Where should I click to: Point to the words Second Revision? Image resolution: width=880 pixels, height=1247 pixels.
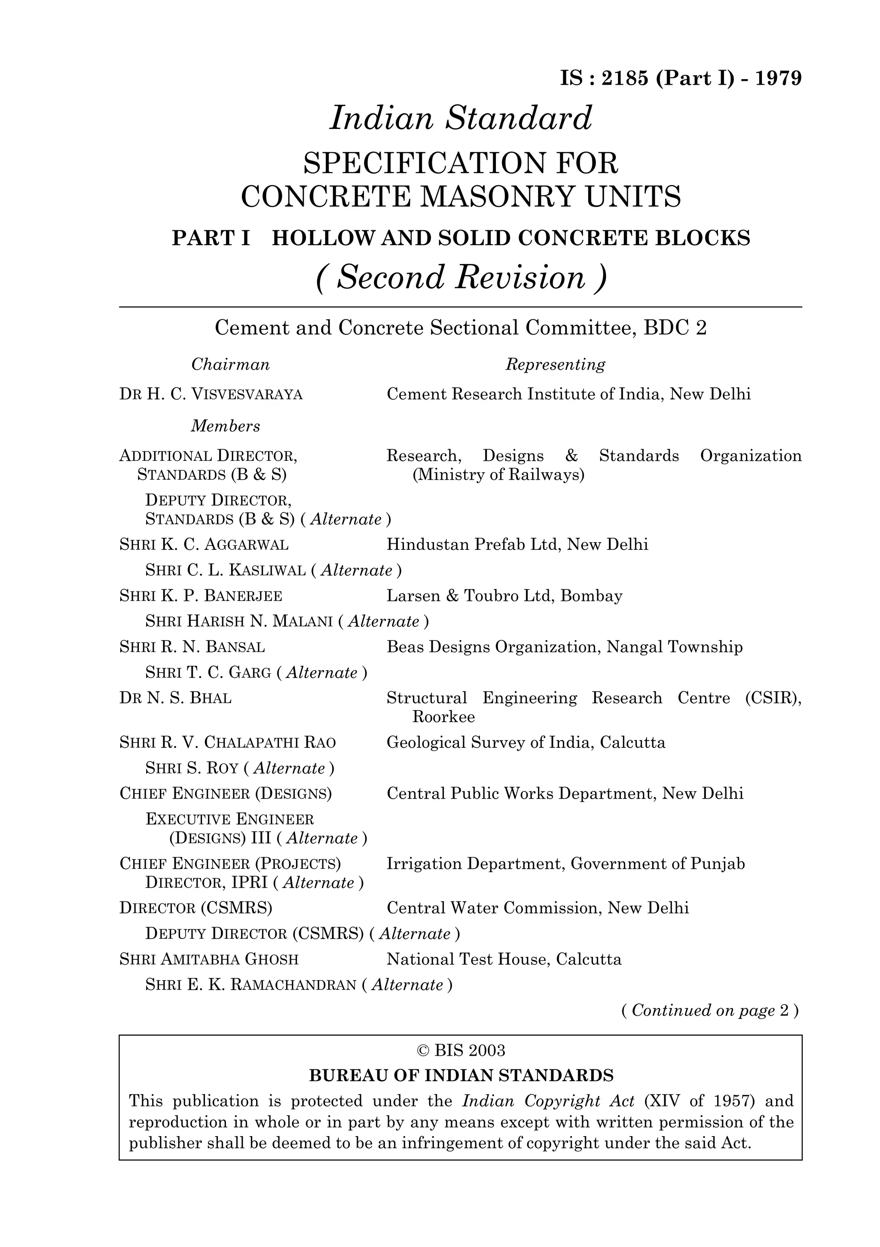click(461, 278)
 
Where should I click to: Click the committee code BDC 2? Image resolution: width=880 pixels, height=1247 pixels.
click(675, 328)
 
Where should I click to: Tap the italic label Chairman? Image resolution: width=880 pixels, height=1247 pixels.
click(230, 365)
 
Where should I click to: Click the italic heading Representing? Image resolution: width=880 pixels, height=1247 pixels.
click(555, 365)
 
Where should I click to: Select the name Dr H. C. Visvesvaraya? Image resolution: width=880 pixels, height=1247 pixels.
click(211, 394)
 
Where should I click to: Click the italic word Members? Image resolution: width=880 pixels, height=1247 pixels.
click(225, 426)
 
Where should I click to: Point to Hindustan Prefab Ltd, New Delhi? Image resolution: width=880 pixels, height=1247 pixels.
click(517, 545)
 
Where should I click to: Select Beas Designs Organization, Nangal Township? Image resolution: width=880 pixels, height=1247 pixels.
click(564, 647)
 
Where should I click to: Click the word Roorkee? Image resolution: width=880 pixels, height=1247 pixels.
click(443, 717)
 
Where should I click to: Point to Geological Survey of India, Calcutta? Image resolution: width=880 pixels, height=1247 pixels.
click(526, 742)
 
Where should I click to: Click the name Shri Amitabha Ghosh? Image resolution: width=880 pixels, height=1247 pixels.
click(209, 959)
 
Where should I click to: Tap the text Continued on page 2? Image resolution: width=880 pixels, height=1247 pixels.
click(709, 1010)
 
